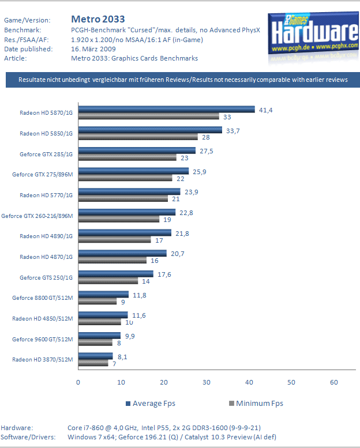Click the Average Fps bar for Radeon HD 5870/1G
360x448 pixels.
coord(166,110)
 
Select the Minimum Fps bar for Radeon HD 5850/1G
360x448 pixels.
coord(137,137)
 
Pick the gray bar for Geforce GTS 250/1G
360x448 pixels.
coord(108,281)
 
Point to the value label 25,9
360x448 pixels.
coord(199,171)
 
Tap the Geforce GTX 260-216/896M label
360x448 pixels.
coord(37,216)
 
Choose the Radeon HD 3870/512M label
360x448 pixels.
coord(43,360)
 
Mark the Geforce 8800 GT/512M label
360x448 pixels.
coord(43,298)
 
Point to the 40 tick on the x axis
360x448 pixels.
coord(249,382)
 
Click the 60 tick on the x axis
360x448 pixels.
coord(334,382)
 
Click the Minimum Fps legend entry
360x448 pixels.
coord(253,403)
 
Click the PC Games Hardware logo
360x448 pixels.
coord(312,37)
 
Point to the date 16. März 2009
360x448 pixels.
coord(95,49)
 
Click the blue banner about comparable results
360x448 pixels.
coord(183,80)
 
